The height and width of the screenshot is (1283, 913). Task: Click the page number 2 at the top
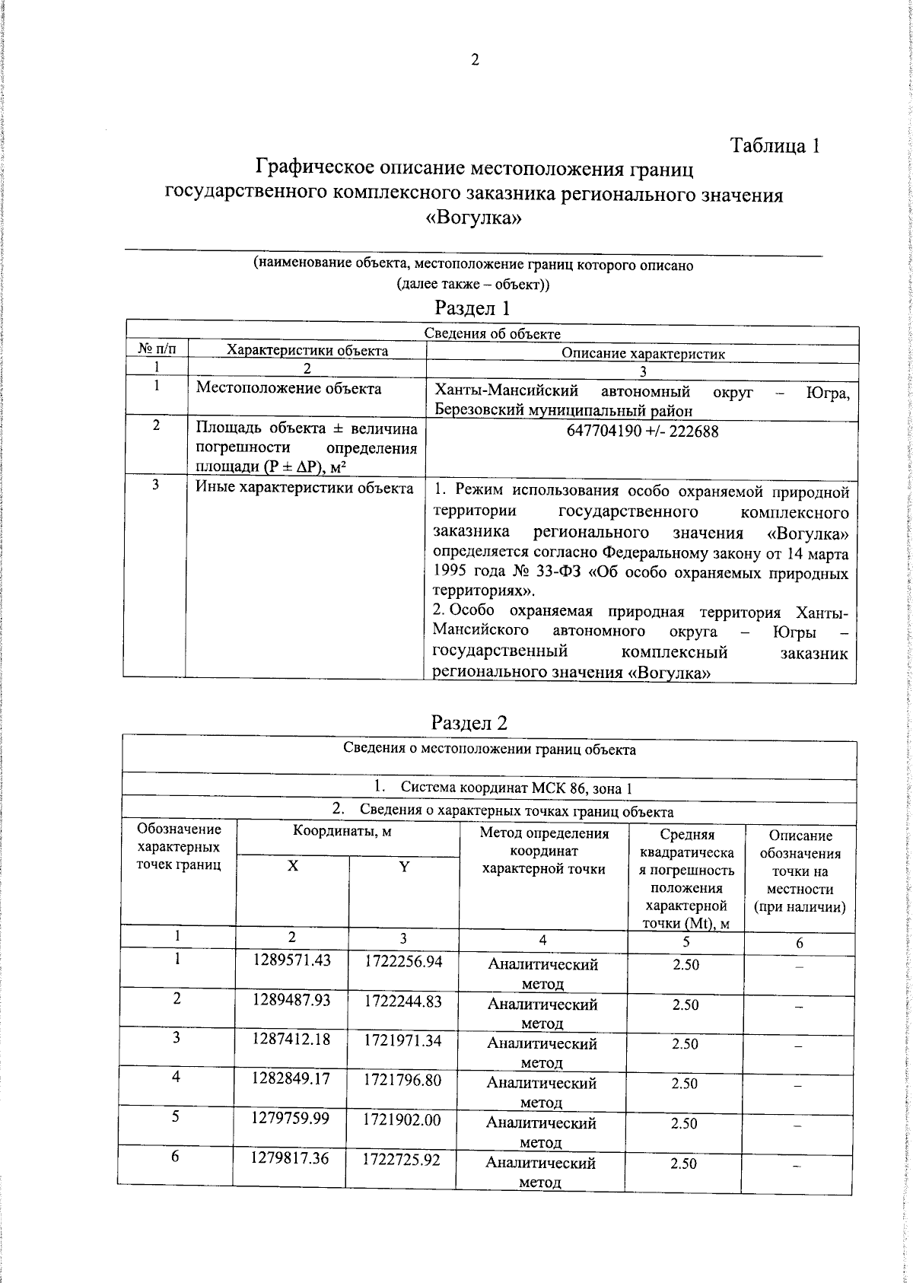point(475,61)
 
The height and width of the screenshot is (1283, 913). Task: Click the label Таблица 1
point(775,146)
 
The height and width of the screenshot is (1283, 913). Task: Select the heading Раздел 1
point(472,308)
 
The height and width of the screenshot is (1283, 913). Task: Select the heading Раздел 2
point(469,722)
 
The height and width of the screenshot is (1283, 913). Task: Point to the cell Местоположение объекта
point(289,390)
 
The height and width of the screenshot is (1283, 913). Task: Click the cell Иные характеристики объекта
point(304,488)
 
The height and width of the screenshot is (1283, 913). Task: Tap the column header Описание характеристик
point(643,353)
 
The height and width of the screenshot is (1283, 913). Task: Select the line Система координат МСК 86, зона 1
point(505,788)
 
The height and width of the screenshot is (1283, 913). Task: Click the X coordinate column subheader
point(293,867)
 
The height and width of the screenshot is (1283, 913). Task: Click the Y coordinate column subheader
point(404,867)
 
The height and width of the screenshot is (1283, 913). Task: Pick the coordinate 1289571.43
point(292,960)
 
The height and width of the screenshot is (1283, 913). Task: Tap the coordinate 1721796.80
point(403,1079)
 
